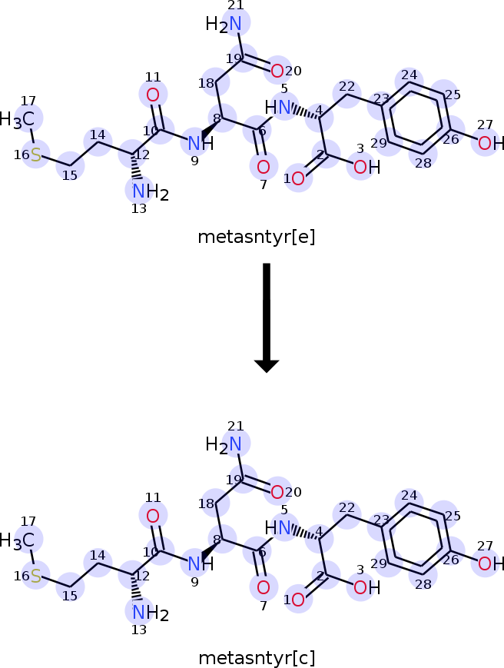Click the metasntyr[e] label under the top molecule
257,237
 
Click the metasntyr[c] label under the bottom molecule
257,658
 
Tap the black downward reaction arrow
267,317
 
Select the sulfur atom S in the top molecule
36,155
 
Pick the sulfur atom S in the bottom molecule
36,576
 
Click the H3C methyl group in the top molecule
17,119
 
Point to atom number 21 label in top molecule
235,5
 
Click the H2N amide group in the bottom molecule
224,445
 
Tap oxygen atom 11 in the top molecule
153,95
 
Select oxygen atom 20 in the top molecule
277,71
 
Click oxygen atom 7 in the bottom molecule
263,587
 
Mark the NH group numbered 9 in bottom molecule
201,564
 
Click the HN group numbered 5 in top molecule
278,108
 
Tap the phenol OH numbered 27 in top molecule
491,143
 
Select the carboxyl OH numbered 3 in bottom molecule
367,587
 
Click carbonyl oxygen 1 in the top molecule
298,178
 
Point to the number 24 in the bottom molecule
409,496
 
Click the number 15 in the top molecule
70,175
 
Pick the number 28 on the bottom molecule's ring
423,584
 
